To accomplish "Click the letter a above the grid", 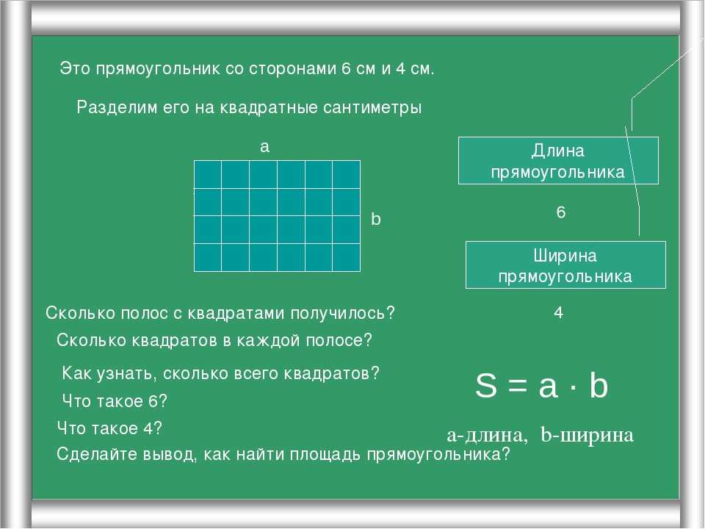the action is (264, 147).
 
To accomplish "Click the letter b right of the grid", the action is (376, 219).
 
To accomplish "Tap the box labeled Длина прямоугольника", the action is (558, 161).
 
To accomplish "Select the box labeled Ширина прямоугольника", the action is (565, 265).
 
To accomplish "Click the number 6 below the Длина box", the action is (560, 212).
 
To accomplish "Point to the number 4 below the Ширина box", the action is (558, 313).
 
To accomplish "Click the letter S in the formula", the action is (486, 386).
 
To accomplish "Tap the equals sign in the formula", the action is (518, 386).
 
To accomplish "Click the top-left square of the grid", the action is (208, 175).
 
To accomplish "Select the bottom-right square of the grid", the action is (346, 257).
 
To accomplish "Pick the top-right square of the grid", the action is (346, 175).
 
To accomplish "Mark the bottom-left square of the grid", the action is (208, 257).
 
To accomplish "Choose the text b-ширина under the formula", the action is (587, 434).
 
